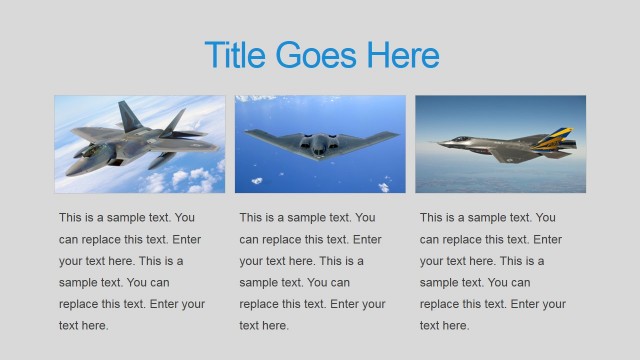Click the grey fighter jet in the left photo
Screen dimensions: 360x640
point(140,140)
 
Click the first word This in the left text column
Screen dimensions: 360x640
point(71,217)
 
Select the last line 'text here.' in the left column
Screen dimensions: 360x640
point(83,325)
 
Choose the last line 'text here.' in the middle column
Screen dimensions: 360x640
point(264,325)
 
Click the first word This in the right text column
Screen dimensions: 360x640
point(431,217)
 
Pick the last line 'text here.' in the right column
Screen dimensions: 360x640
point(444,325)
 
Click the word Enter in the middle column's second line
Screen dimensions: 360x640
point(367,239)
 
